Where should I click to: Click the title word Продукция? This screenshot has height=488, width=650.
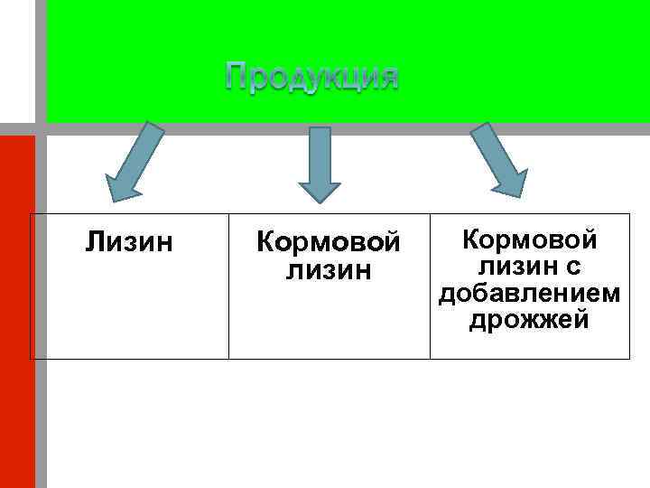tap(311, 77)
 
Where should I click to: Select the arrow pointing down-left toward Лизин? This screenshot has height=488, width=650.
tap(135, 164)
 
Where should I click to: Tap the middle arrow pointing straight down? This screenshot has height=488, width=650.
tap(320, 163)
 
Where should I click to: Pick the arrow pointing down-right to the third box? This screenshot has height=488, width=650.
tap(499, 160)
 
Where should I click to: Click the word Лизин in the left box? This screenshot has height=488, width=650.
tap(130, 242)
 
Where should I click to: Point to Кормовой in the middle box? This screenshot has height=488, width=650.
tap(328, 242)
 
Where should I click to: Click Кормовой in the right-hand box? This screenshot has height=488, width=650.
tap(529, 240)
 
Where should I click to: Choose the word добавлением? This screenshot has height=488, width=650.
tap(529, 293)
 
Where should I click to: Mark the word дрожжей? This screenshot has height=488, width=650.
tap(529, 319)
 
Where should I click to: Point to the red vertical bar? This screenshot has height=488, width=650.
tap(17, 307)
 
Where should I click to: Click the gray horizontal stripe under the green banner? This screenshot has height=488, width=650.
tap(361, 128)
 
